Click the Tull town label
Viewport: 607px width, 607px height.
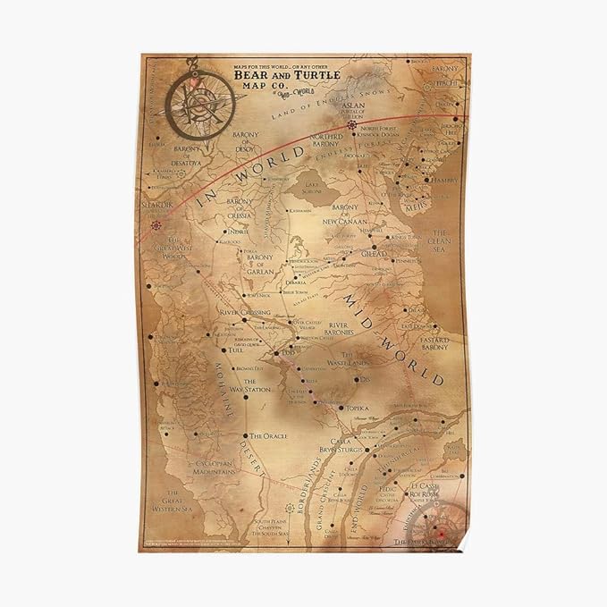pyautogui.click(x=236, y=350)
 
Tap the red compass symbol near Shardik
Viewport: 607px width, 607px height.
pyautogui.click(x=157, y=225)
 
